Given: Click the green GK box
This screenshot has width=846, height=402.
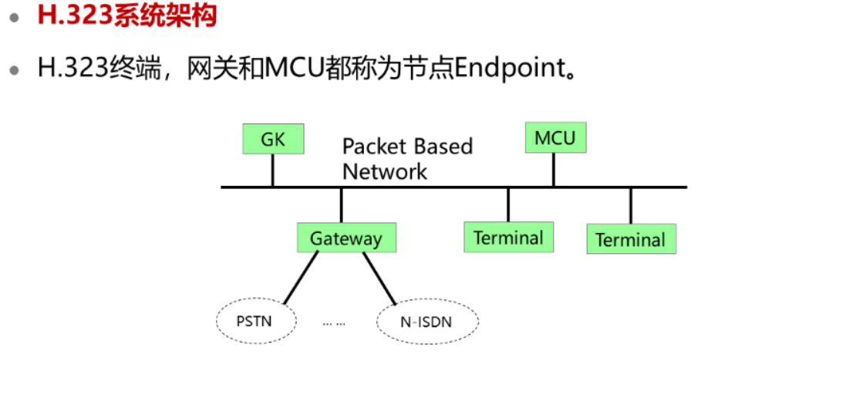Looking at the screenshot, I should point(272,140).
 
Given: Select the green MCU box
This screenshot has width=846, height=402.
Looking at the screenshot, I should point(554,137).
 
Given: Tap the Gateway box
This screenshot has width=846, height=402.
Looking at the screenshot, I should point(346,238).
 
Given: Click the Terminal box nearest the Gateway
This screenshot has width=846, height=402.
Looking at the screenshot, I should point(508,237).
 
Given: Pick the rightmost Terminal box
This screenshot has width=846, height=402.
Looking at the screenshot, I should point(631,239).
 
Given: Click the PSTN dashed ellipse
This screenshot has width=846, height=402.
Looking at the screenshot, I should point(254,320).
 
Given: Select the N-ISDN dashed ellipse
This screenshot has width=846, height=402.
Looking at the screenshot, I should point(426,321).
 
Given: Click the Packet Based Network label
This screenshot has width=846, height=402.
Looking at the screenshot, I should point(406,159).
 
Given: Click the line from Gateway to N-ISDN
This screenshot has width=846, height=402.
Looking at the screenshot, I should point(379,278).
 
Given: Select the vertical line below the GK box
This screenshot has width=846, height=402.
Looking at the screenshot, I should point(272,171).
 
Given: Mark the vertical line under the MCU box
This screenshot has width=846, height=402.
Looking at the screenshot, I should point(554,169).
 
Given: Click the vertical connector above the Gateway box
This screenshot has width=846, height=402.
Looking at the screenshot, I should point(341,205).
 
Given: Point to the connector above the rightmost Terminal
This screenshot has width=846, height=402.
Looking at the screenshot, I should point(631,205).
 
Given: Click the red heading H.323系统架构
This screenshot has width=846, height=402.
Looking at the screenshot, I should point(127,16).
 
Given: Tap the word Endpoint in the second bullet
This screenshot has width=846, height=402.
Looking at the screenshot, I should point(509,68).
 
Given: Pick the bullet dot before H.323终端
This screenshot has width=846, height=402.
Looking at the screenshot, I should point(14,69).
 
